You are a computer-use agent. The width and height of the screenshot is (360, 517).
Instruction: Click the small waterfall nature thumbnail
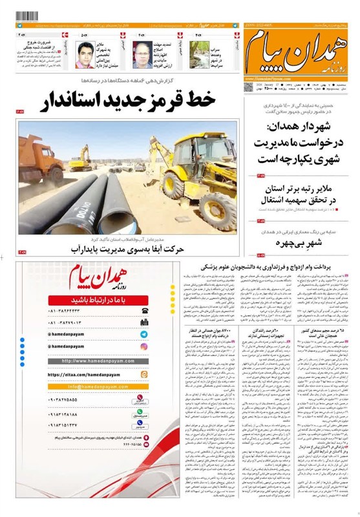pos(201,55)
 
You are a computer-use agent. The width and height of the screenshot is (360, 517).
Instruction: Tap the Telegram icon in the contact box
pos(143,334)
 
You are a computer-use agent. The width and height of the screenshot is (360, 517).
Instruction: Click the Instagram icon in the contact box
pos(143,347)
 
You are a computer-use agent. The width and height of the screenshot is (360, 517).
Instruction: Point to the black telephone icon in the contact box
pos(143,311)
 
